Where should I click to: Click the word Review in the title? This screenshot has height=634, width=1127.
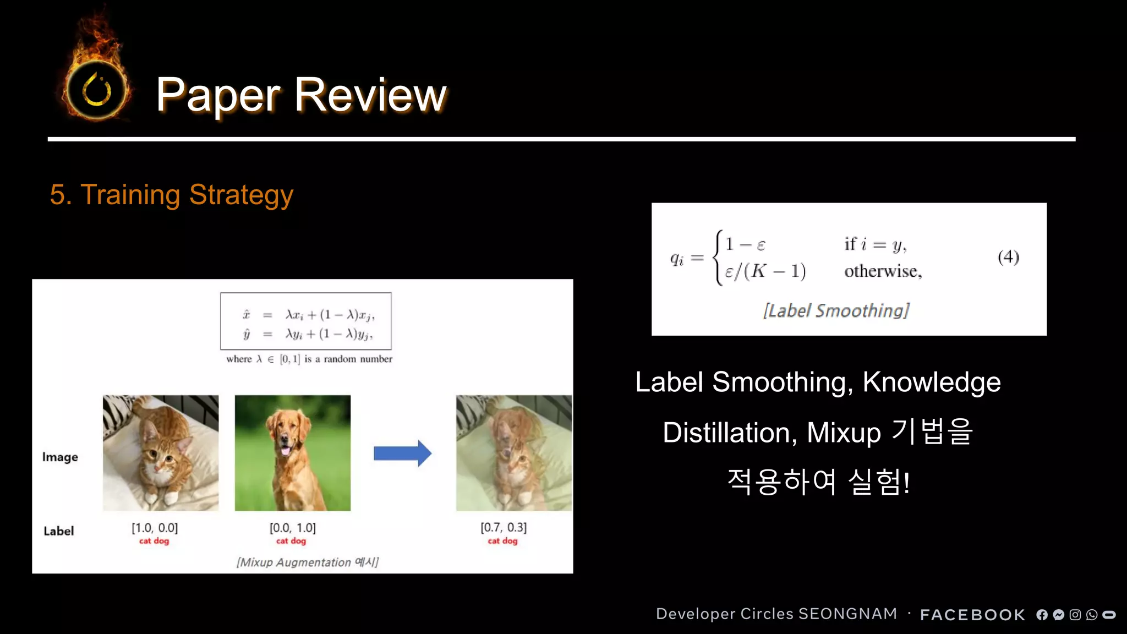[370, 95]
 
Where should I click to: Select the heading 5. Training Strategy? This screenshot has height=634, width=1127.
[171, 195]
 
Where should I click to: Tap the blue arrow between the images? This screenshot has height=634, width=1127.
[402, 453]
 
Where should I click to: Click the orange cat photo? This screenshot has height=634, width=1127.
[161, 452]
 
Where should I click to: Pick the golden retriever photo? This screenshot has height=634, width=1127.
[292, 452]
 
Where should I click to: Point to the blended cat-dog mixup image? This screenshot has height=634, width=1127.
[513, 452]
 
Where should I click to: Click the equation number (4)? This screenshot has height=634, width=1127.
[1008, 257]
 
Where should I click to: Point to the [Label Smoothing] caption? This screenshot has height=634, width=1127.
[836, 311]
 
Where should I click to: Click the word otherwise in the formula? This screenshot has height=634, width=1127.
[882, 271]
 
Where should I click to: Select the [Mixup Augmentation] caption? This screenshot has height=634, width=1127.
[308, 562]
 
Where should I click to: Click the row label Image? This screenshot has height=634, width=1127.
[60, 457]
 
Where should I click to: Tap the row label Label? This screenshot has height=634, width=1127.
[59, 531]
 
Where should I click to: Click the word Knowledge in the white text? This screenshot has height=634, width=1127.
[931, 382]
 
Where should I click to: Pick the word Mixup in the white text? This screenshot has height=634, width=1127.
[844, 433]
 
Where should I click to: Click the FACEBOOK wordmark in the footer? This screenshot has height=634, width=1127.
[972, 615]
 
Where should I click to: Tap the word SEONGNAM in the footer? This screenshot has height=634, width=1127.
[847, 614]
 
